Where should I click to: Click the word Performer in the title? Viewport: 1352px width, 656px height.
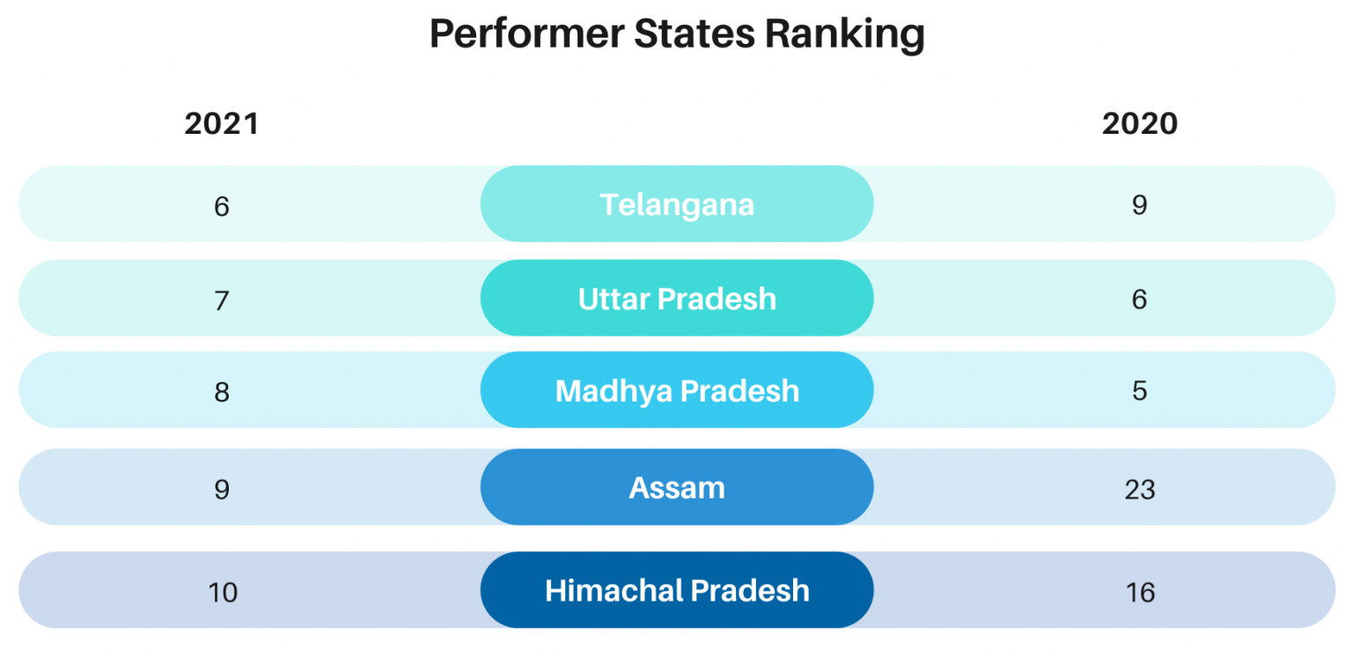coord(526,34)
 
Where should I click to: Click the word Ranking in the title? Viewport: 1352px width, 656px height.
coord(845,35)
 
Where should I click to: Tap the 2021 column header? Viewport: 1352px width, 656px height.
coord(222,124)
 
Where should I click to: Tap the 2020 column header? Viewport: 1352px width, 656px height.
coord(1140,124)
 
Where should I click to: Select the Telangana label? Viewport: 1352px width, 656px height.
coord(677,205)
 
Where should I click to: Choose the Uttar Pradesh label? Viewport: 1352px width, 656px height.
coord(677,299)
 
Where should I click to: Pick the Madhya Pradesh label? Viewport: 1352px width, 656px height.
coord(677,391)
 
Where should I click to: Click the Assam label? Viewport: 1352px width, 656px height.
coord(677,488)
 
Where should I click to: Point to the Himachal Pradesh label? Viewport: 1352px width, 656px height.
coord(677,590)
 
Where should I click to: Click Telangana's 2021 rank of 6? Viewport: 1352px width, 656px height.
coord(222,207)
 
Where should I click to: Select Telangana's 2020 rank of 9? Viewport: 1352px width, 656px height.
coord(1140,205)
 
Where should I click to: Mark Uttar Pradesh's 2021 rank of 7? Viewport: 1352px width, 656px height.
coord(222,301)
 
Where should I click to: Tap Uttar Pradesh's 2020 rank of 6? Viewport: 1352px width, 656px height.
coord(1140,299)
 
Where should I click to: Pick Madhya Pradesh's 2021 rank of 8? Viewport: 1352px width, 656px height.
coord(222,393)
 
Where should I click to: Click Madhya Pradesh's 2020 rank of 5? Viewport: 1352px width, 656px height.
coord(1140,392)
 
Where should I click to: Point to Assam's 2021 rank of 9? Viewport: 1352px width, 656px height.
coord(222,490)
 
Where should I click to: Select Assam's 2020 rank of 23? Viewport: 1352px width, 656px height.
coord(1140,490)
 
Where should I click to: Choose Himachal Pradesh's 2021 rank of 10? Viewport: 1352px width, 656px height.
coord(222,593)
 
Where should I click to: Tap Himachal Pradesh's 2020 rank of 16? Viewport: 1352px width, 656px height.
coord(1140,593)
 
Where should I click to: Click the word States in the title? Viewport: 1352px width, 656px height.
coord(694,34)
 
